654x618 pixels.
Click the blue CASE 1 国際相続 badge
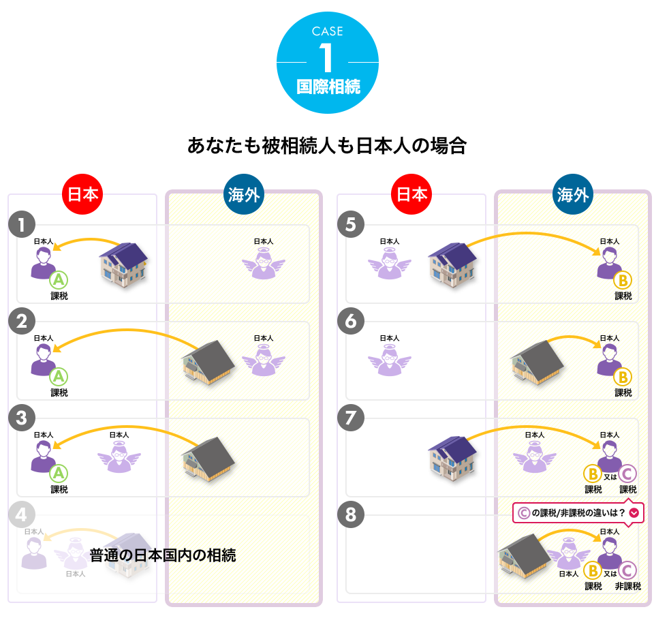coord(327,63)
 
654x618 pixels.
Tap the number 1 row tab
coord(22,225)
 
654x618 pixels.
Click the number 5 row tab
coord(351,225)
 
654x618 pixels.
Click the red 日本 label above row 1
coord(82,194)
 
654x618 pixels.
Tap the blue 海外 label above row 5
coord(572,194)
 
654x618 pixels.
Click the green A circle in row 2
coord(59,376)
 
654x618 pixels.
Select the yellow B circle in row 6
coord(622,377)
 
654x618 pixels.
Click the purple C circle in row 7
coord(627,474)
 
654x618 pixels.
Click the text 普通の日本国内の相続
coord(162,555)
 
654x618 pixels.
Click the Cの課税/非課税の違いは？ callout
coord(580,513)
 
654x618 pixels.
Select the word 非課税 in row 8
coord(627,586)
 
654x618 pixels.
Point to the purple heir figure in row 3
coord(43,457)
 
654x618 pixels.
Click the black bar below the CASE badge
coord(327,145)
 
